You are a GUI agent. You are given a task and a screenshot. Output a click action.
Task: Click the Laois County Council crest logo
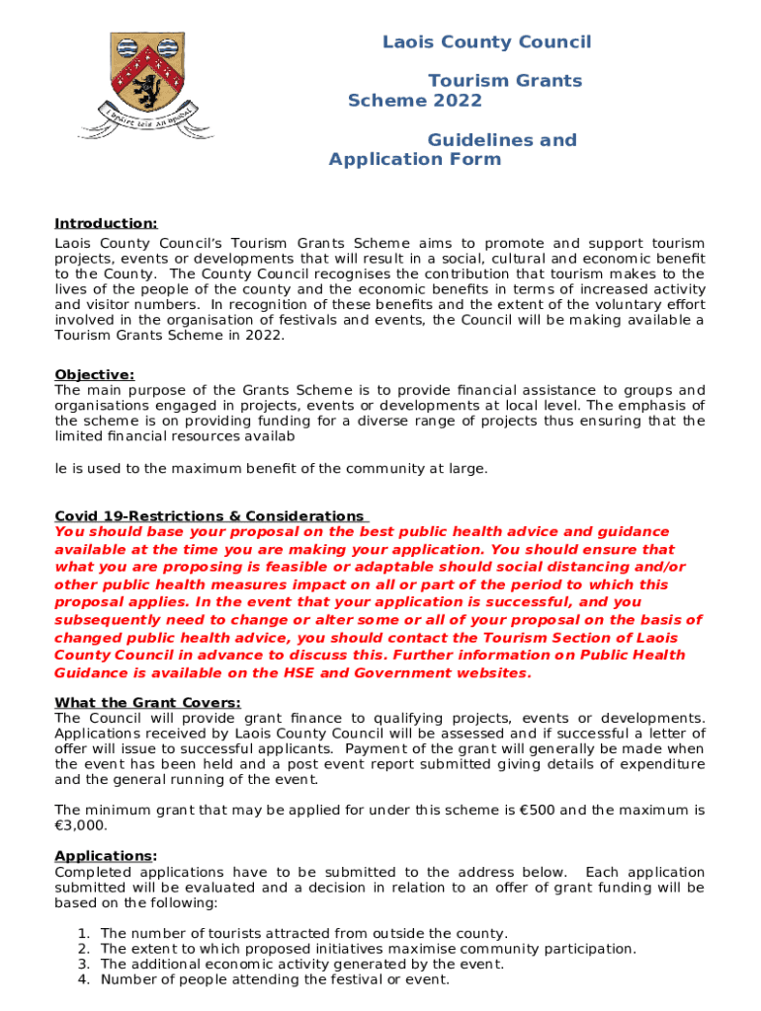tap(158, 83)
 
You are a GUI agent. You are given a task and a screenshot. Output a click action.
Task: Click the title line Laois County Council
tap(486, 41)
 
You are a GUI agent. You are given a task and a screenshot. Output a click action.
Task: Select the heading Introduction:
tap(106, 224)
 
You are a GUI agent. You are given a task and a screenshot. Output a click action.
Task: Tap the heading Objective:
tap(94, 374)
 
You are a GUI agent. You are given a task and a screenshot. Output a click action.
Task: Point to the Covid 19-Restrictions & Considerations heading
tap(210, 516)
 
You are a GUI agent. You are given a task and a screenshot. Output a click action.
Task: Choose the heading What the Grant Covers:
tap(147, 703)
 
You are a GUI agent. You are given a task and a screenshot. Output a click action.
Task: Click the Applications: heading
tap(106, 856)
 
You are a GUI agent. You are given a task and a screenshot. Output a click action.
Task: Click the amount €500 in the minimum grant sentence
tap(536, 811)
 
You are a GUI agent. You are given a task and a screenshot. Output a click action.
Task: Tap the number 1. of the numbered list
tap(83, 934)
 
